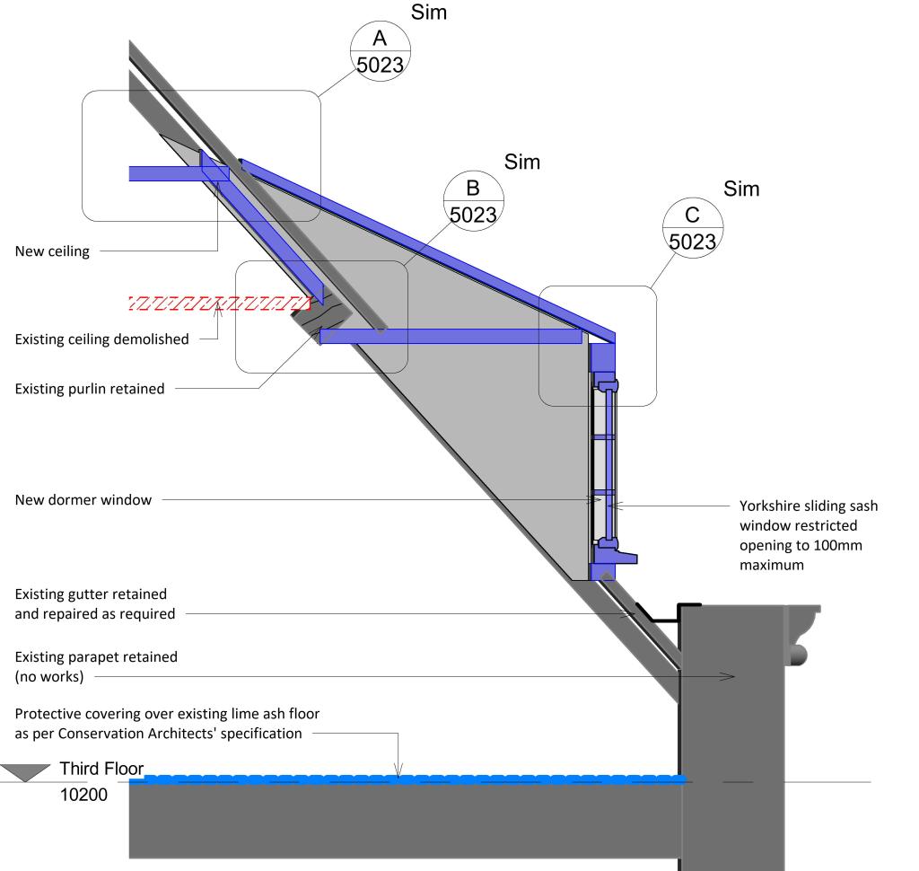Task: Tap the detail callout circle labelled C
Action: pos(692,228)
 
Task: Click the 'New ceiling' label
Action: pos(52,251)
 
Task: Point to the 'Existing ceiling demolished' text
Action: pos(102,339)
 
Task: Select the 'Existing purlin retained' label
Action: pos(90,389)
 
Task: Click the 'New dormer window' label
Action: pos(83,499)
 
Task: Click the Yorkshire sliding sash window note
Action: pos(808,536)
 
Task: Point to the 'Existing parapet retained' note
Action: pos(96,666)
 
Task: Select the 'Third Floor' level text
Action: pos(101,770)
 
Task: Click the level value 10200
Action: pos(86,796)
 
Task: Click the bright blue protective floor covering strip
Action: pos(404,779)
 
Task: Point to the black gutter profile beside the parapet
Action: pos(665,614)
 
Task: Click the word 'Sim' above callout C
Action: pos(741,189)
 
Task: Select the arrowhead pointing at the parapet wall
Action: pos(731,676)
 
